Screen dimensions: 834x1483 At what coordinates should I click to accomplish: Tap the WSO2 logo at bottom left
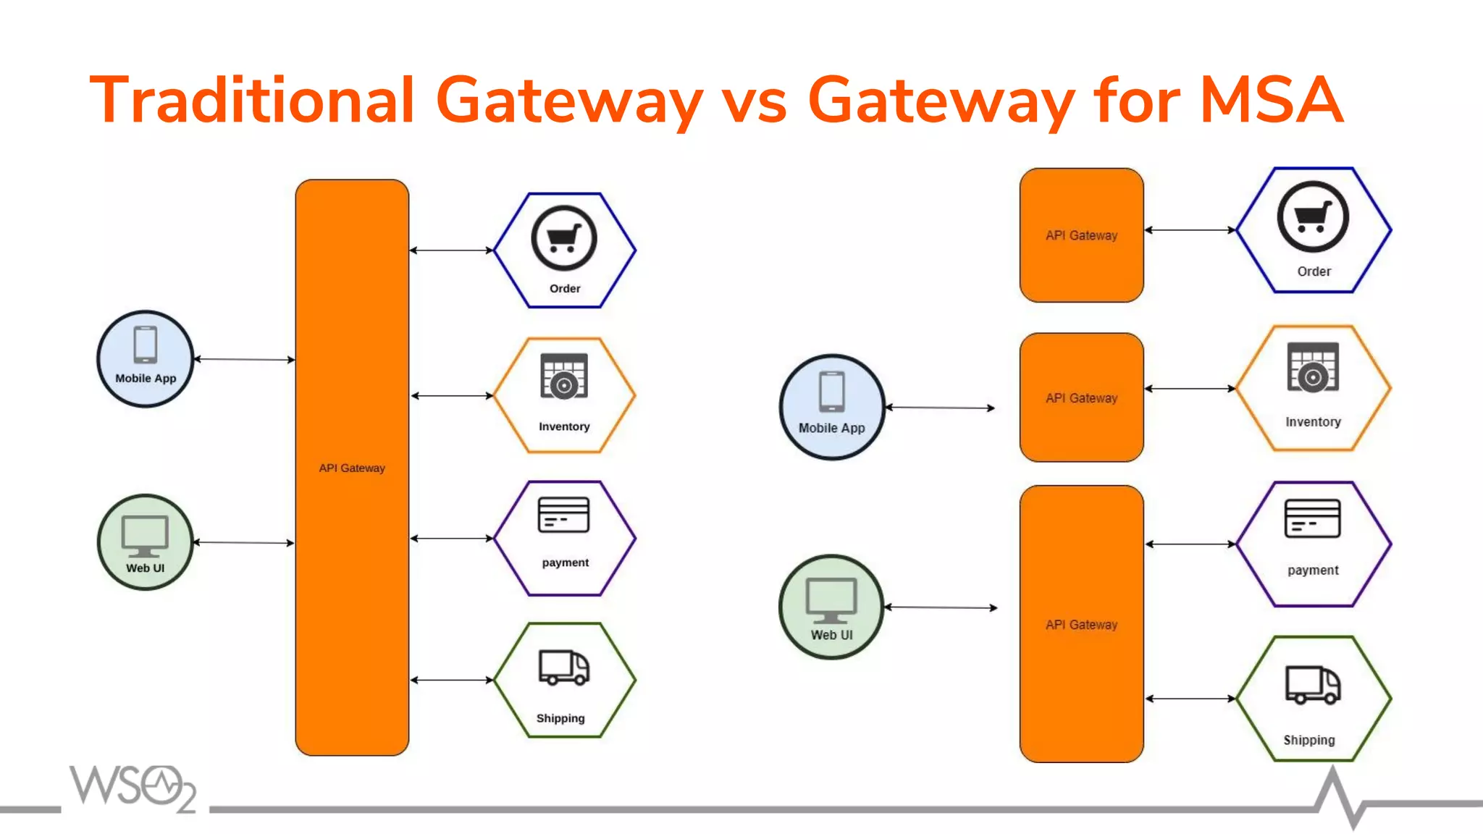[133, 788]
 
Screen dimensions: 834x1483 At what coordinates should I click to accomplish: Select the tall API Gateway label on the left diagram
[352, 468]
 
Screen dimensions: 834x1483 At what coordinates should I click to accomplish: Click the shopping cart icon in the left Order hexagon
[563, 238]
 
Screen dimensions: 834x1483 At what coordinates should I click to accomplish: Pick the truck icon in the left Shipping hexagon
[563, 667]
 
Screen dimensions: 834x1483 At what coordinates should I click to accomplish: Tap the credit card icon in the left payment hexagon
[563, 515]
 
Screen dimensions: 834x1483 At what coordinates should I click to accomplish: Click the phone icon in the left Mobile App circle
[146, 345]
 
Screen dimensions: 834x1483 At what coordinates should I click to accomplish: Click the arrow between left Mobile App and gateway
[244, 359]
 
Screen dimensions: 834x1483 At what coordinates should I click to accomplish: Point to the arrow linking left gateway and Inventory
[452, 396]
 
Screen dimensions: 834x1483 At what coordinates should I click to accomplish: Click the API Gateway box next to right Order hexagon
[1081, 235]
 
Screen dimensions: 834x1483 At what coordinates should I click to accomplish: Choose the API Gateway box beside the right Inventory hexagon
[1081, 397]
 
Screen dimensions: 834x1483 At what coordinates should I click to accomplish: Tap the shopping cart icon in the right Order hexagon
[1313, 216]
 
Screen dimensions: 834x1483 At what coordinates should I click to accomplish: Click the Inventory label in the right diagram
[1313, 422]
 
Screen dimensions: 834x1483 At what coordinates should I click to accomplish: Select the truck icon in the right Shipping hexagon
[1312, 685]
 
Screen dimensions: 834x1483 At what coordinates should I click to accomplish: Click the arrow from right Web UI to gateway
[941, 607]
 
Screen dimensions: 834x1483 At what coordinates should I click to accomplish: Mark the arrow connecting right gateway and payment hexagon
[1190, 544]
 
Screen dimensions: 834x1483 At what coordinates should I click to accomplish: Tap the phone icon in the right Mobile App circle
[831, 392]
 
